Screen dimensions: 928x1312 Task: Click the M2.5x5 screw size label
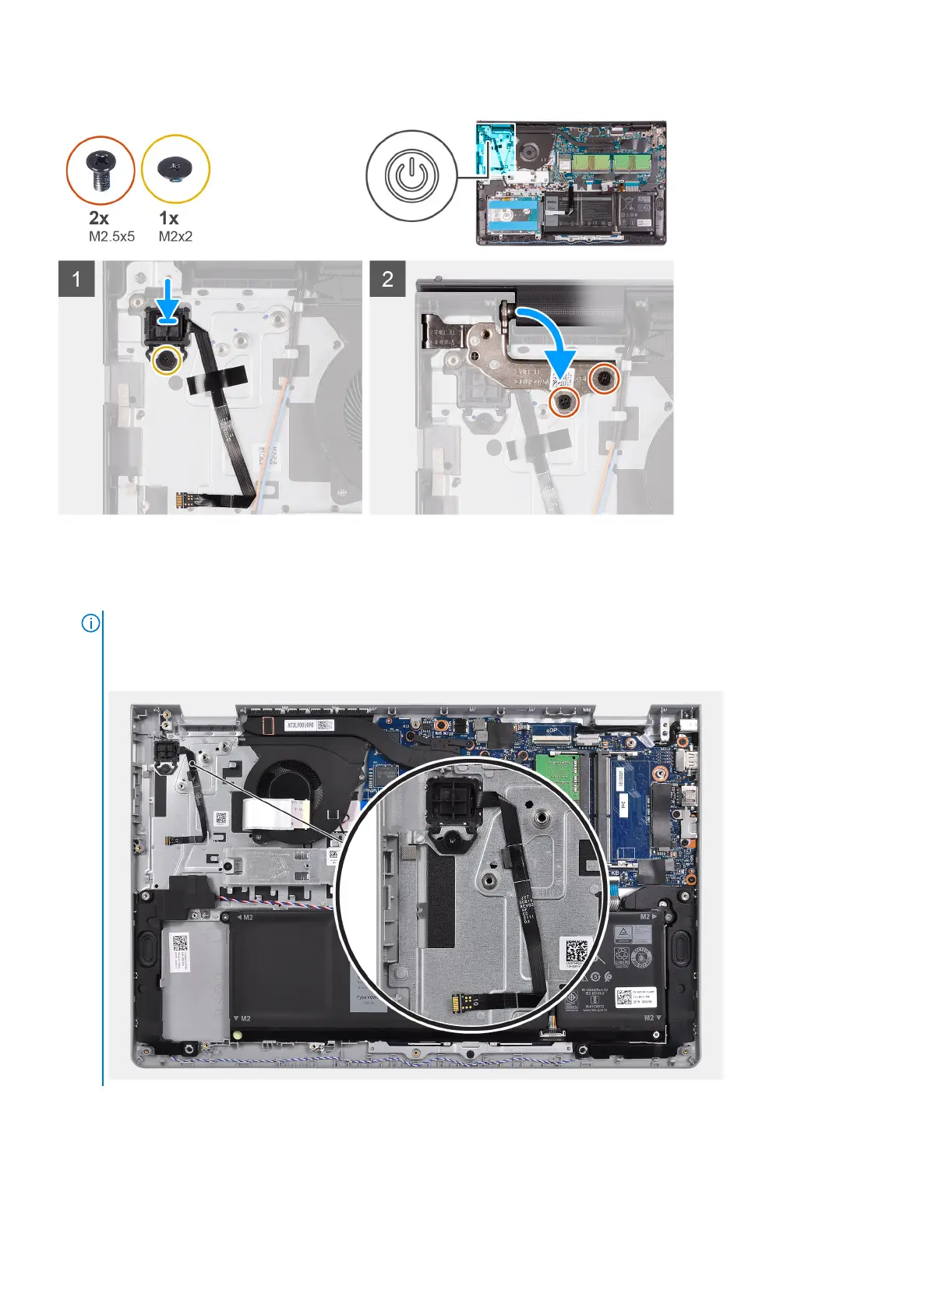pyautogui.click(x=111, y=236)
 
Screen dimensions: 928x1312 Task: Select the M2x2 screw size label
pyautogui.click(x=175, y=236)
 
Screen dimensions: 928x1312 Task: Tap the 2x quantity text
pyautogui.click(x=99, y=218)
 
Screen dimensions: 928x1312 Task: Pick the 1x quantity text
pyautogui.click(x=168, y=218)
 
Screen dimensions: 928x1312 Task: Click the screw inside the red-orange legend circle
pyautogui.click(x=101, y=171)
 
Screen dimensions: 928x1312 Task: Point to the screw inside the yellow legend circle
pyautogui.click(x=175, y=168)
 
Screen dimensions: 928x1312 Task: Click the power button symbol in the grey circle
pyautogui.click(x=411, y=176)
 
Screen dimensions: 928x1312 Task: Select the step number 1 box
pyautogui.click(x=76, y=278)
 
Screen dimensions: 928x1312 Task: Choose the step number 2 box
pyautogui.click(x=387, y=278)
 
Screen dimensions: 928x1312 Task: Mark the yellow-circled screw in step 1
pyautogui.click(x=166, y=360)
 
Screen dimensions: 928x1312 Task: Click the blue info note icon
pyautogui.click(x=91, y=623)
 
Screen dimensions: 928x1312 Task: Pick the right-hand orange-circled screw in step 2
pyautogui.click(x=605, y=379)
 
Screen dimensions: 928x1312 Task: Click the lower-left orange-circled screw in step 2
pyautogui.click(x=565, y=402)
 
